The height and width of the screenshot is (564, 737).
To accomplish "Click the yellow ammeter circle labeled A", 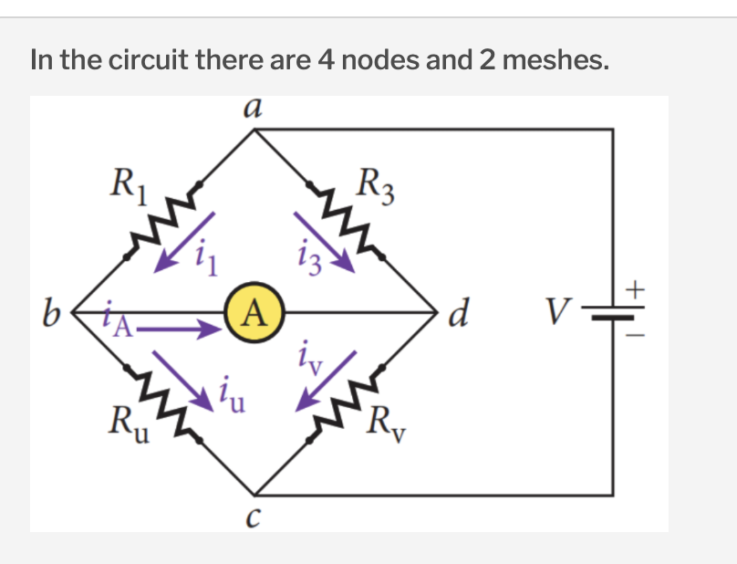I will (x=254, y=317).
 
